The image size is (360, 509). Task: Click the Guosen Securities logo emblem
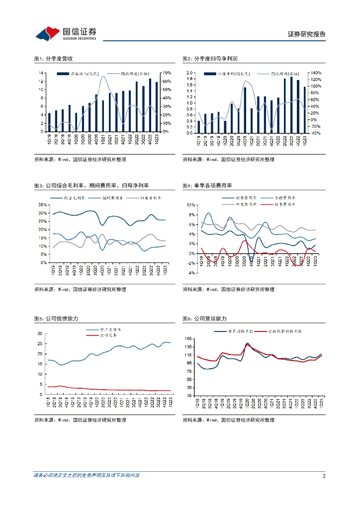coord(48,34)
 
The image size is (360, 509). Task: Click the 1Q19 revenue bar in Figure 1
coord(49,122)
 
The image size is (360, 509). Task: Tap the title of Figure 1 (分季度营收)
coord(54,59)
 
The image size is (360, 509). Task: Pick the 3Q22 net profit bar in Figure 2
coord(291,105)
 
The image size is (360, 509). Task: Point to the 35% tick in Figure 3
coord(43,204)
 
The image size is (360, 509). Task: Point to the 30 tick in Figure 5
coord(41,333)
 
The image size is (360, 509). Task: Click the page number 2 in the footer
coord(324,476)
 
